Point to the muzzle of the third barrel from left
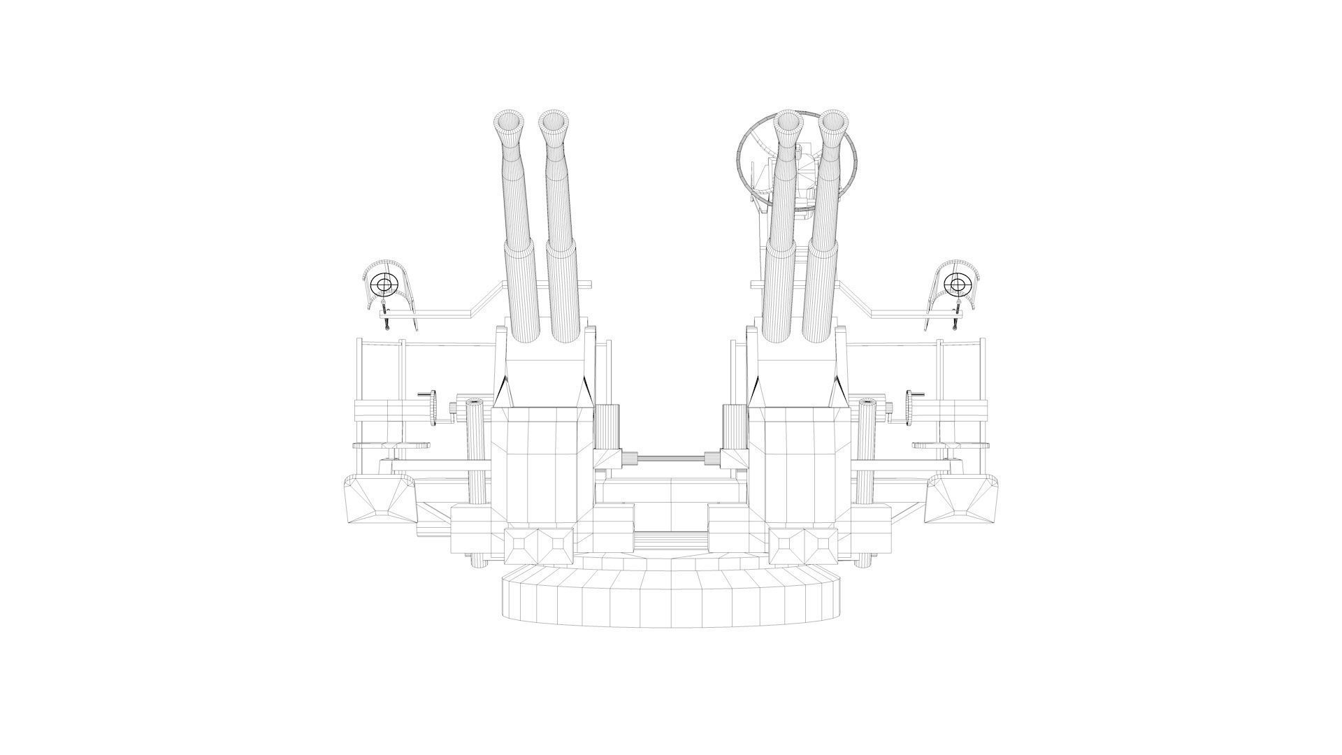tap(788, 122)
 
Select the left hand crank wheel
tap(433, 408)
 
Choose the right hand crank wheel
tap(910, 408)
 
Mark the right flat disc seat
tap(951, 445)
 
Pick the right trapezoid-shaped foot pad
tap(962, 498)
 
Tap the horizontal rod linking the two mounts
tap(671, 459)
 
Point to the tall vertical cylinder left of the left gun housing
tap(476, 454)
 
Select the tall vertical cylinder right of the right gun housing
tap(865, 454)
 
